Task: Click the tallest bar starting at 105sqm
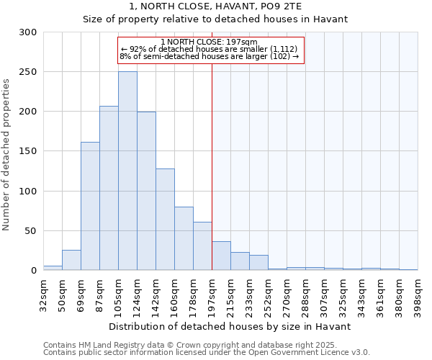pyautogui.click(x=127, y=171)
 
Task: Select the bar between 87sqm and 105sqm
pyautogui.click(x=109, y=188)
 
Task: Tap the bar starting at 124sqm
pyautogui.click(x=146, y=191)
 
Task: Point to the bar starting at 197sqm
pyautogui.click(x=221, y=256)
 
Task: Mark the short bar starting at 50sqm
pyautogui.click(x=71, y=260)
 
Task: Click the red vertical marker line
pyautogui.click(x=212, y=166)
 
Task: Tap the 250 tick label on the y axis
pyautogui.click(x=28, y=72)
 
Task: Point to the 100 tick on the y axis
pyautogui.click(x=28, y=192)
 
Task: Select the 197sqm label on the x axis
pyautogui.click(x=212, y=295)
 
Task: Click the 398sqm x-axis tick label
pyautogui.click(x=418, y=295)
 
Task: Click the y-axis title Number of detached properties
pyautogui.click(x=7, y=152)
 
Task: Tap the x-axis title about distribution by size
pyautogui.click(x=230, y=326)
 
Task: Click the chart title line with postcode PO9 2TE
pyautogui.click(x=215, y=6)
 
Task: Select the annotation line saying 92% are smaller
pyautogui.click(x=210, y=48)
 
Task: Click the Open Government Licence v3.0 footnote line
pyautogui.click(x=207, y=352)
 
